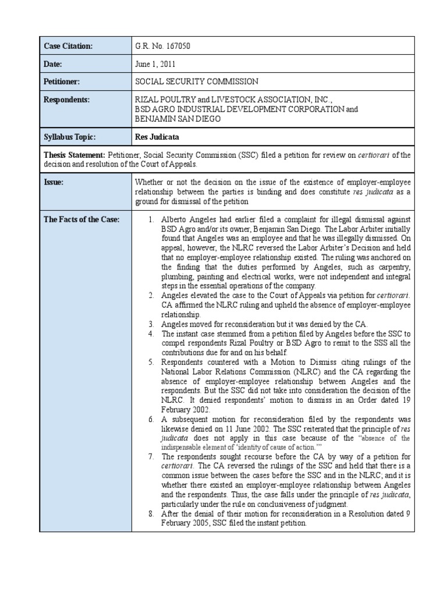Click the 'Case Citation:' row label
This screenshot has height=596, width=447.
click(x=68, y=46)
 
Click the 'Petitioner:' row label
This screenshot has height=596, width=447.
click(x=62, y=82)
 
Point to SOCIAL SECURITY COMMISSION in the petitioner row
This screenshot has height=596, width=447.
click(x=196, y=82)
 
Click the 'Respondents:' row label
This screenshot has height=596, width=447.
click(x=67, y=100)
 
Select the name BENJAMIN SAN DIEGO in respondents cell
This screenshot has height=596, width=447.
click(x=178, y=119)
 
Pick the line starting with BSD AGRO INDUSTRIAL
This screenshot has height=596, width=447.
click(x=246, y=109)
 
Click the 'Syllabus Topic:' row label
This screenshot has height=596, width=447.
click(x=69, y=137)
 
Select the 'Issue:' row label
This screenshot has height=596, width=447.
click(x=54, y=182)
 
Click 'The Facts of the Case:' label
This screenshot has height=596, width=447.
click(x=81, y=219)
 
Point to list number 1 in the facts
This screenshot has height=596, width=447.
click(x=150, y=219)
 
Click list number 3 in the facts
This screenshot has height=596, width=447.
click(x=150, y=324)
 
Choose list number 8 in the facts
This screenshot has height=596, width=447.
click(x=150, y=514)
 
